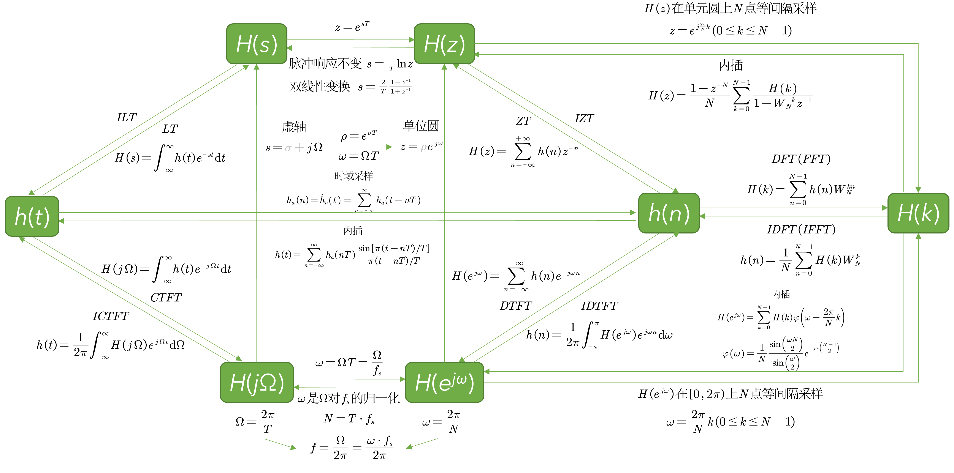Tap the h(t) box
pyautogui.click(x=32, y=216)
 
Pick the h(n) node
pyautogui.click(x=669, y=213)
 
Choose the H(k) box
pyautogui.click(x=918, y=213)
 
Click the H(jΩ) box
pyautogui.click(x=257, y=382)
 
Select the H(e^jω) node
pyautogui.click(x=444, y=382)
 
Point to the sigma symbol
pyautogui.click(x=288, y=148)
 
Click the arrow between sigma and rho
pyautogui.click(x=361, y=147)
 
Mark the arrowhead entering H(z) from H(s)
pyautogui.click(x=411, y=40)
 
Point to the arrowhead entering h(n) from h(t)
pyautogui.click(x=633, y=213)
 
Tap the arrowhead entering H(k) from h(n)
pyautogui.click(x=885, y=208)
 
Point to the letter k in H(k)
pyautogui.click(x=925, y=214)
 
